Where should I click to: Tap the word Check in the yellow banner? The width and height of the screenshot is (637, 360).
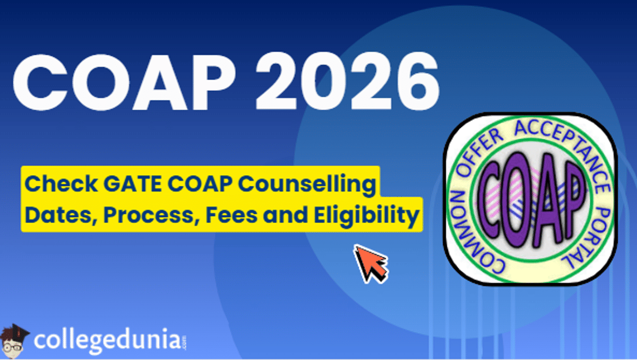(x=50, y=184)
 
